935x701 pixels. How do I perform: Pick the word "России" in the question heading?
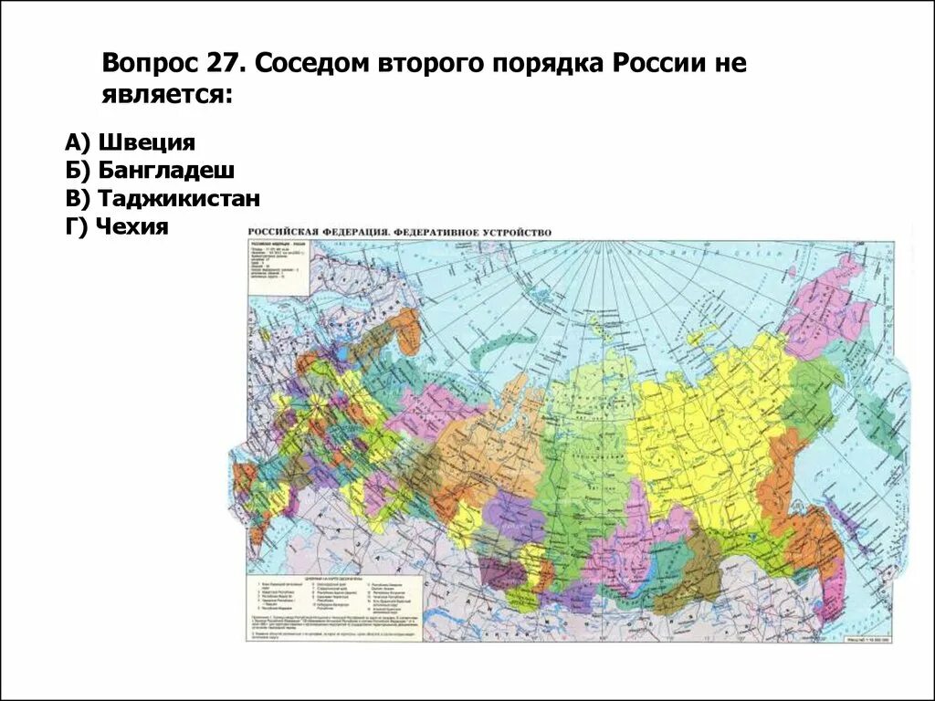coord(659,64)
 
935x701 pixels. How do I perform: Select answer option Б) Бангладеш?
coord(150,171)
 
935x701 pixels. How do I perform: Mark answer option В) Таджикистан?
coord(163,199)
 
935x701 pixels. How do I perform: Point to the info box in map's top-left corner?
coord(278,265)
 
